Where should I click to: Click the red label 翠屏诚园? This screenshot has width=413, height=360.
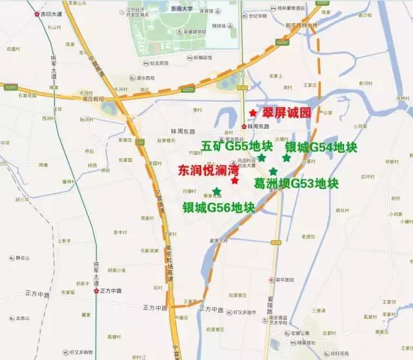284,113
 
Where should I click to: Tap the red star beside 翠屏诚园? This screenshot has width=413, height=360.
252,113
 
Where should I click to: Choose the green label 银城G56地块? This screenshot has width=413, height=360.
218,207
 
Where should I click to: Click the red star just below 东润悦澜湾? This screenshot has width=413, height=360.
234,181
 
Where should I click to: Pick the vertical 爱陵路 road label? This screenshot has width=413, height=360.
269,303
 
